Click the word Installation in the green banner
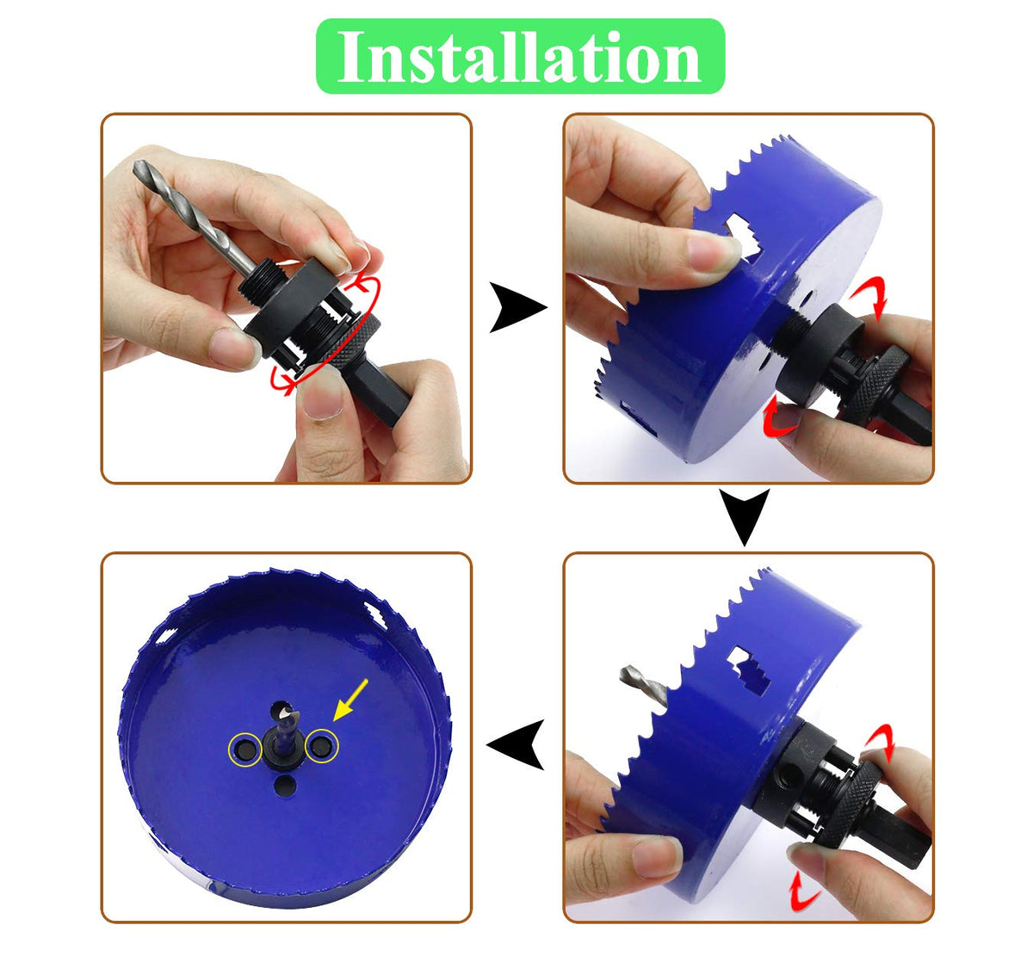(519, 56)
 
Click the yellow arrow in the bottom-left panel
(350, 700)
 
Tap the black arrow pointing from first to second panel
(517, 307)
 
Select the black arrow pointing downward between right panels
(745, 517)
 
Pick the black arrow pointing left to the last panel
(516, 744)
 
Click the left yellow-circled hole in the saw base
(243, 749)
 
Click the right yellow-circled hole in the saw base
(320, 746)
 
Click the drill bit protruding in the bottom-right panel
(643, 686)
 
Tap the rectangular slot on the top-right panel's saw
(743, 237)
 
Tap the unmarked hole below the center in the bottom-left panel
(285, 786)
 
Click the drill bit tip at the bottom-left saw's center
(285, 712)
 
